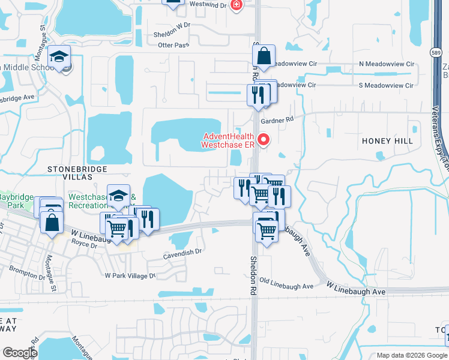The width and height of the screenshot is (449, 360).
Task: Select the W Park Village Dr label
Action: (x=130, y=276)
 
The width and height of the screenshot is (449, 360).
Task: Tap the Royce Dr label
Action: (x=84, y=245)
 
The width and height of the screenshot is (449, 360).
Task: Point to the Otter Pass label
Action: (x=173, y=45)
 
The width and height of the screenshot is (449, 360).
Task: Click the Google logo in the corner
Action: (x=20, y=353)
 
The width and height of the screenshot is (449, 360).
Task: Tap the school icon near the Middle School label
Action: (x=59, y=58)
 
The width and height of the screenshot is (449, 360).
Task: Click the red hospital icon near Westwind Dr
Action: (x=237, y=4)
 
